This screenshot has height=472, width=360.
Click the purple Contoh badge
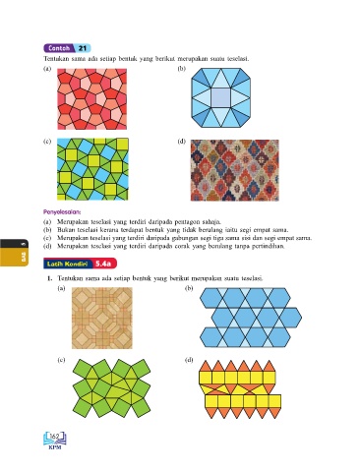click(x=60, y=48)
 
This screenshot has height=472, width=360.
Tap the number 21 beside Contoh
click(x=83, y=48)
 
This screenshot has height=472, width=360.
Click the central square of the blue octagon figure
click(x=221, y=97)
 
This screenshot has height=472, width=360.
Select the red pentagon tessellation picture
click(x=91, y=99)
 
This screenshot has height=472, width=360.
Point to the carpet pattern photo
click(x=235, y=170)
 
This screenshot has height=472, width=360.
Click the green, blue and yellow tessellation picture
click(x=92, y=169)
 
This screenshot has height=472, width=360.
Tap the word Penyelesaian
click(x=62, y=211)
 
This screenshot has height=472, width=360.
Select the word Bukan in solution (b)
click(x=65, y=230)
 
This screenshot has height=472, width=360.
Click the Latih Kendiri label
click(x=67, y=264)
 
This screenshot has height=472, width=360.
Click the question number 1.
click(x=49, y=278)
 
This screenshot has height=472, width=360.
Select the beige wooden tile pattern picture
click(x=102, y=318)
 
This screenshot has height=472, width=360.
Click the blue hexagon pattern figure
click(x=251, y=318)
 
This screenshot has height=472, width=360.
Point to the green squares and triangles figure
click(x=111, y=388)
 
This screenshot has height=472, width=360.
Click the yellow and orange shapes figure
click(x=240, y=389)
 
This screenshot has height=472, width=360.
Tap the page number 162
click(x=55, y=437)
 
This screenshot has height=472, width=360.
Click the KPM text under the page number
click(x=55, y=447)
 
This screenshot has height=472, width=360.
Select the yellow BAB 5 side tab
click(x=14, y=253)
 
